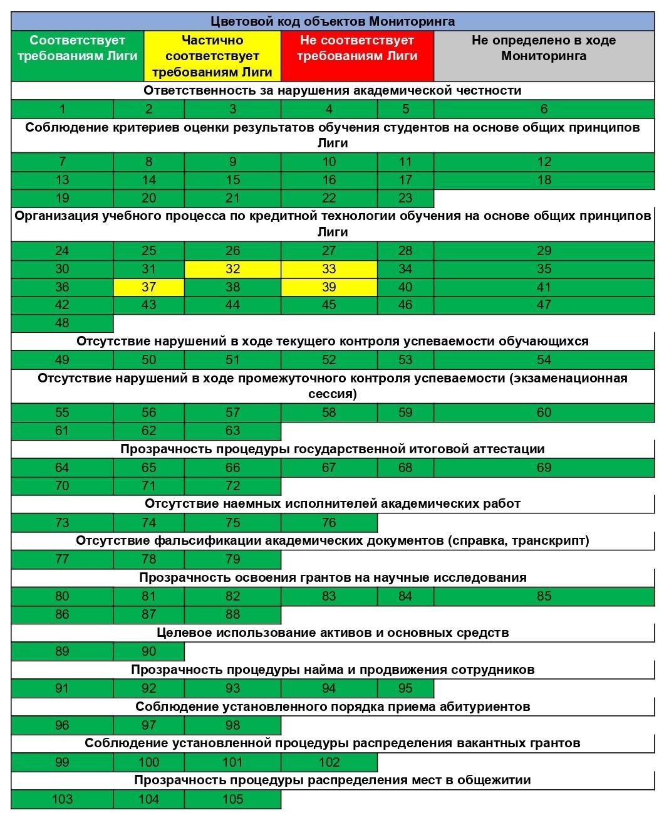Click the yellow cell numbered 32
[232, 269]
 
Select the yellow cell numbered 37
[148, 287]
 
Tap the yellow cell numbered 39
[329, 287]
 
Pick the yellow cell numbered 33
[329, 269]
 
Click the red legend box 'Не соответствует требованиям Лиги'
[357, 56]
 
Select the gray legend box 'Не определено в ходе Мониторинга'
[544, 56]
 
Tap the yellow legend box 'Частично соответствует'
[212, 56]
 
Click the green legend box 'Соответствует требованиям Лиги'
[78, 56]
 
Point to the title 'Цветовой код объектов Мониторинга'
[333, 21]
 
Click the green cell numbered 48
[62, 323]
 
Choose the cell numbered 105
[232, 799]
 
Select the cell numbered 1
[62, 109]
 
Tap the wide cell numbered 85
[544, 596]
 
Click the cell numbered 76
[329, 523]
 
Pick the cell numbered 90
[148, 651]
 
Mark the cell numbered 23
[405, 198]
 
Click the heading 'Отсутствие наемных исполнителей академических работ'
[333, 504]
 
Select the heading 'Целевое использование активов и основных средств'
[333, 633]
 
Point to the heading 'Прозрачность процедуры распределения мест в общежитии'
[333, 780]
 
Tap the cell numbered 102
[329, 762]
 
